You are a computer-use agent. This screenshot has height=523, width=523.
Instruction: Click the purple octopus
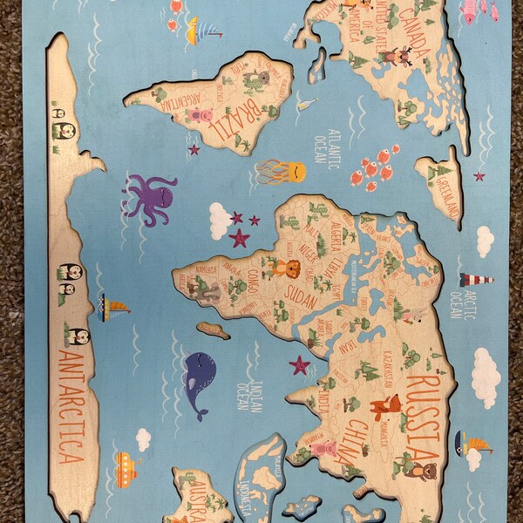pyautogui.click(x=148, y=198)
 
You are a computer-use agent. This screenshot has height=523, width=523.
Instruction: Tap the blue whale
pyautogui.click(x=200, y=383)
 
